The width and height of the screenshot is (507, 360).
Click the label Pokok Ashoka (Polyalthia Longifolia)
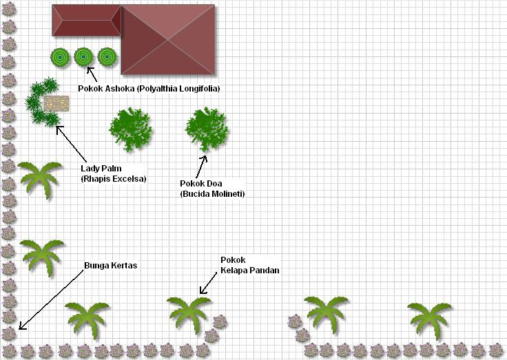click(149, 89)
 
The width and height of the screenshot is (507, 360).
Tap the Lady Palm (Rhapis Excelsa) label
click(113, 173)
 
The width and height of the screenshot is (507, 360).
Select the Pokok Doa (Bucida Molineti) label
click(212, 189)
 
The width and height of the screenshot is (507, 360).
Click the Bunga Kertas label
click(110, 265)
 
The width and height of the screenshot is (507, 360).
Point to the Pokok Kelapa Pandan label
click(249, 265)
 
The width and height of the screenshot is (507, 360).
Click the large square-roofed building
click(168, 39)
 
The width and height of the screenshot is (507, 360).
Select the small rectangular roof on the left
click(86, 20)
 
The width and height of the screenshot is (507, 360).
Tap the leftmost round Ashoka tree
click(60, 57)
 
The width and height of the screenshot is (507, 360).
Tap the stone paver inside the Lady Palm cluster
click(56, 104)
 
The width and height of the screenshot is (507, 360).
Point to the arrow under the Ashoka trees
click(91, 73)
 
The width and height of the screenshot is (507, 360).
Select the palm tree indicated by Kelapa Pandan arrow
click(188, 314)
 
